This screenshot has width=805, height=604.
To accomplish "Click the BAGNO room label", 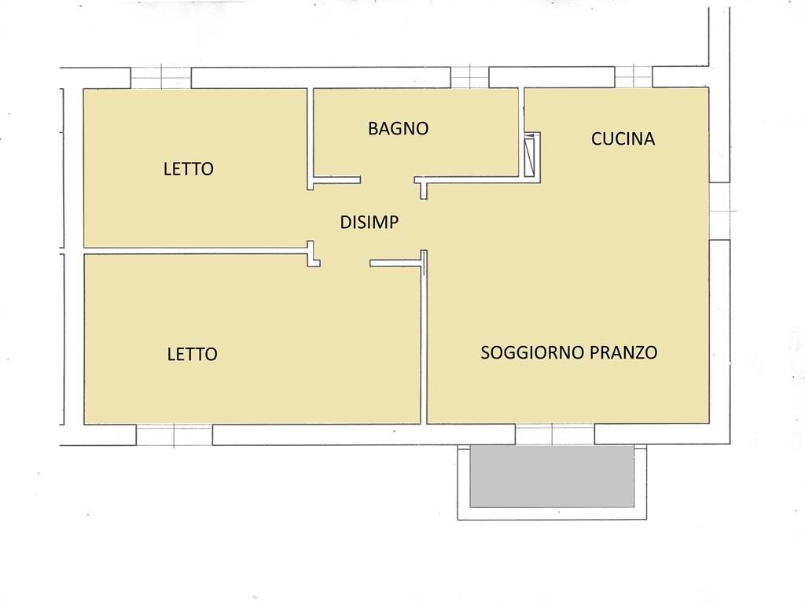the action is tap(398, 128).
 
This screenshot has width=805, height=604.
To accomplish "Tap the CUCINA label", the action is tap(623, 138).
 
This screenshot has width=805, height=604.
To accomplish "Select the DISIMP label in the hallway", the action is tap(369, 222).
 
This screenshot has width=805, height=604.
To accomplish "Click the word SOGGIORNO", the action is tap(532, 352).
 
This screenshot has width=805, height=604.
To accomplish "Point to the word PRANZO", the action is tap(623, 352).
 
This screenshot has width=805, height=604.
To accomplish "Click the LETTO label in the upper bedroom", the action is tap(189, 169).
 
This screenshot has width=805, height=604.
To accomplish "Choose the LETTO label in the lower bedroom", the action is tap(192, 354).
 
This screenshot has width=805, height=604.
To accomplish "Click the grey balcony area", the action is tap(551, 477).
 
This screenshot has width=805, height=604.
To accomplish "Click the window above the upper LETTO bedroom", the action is tap(161, 78).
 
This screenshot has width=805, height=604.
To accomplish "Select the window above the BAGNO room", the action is tap(469, 78).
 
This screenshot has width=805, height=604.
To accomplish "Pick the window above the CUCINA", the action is tap(634, 77).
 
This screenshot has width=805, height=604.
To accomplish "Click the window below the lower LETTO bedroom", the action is tap(174, 435).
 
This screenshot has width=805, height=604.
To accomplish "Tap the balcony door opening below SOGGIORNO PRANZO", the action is tap(554, 434).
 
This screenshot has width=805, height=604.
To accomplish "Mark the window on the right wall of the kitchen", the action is tap(720, 211).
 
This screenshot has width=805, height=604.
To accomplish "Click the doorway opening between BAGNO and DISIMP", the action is tap(388, 180).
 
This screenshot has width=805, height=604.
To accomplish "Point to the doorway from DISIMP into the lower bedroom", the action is tap(345, 263).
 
